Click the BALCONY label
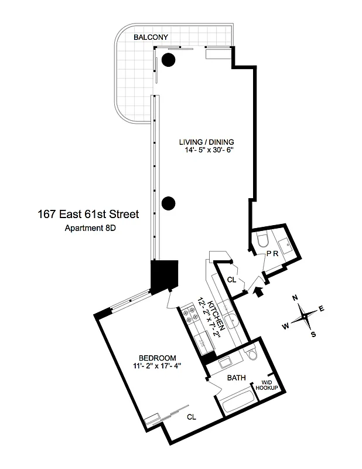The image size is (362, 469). (151, 38)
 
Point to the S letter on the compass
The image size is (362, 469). (313, 334)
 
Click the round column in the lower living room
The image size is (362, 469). (169, 203)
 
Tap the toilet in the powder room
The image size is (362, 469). (262, 240)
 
